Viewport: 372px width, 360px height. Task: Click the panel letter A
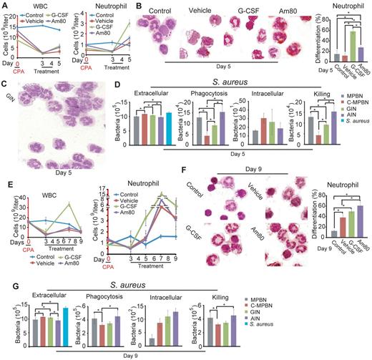(x=5, y=5)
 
